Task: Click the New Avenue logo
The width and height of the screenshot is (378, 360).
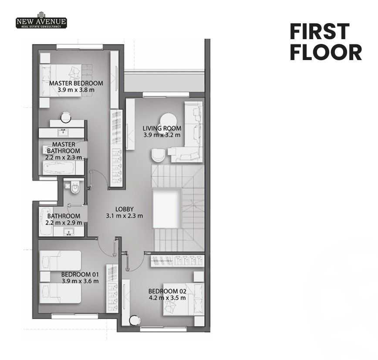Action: (x=41, y=20)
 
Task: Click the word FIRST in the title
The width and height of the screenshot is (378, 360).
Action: (x=320, y=31)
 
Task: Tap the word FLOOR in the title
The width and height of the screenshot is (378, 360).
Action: (x=326, y=52)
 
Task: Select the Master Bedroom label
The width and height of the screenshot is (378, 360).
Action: (x=76, y=83)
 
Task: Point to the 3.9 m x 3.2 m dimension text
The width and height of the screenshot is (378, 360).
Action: (x=162, y=135)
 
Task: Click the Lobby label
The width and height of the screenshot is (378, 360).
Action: (x=125, y=209)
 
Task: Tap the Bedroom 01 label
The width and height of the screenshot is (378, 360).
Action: (x=80, y=274)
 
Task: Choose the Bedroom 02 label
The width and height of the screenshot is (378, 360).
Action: (x=167, y=291)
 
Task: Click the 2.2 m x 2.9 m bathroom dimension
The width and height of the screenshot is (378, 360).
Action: (x=64, y=222)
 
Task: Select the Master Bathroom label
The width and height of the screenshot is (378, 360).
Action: (x=64, y=148)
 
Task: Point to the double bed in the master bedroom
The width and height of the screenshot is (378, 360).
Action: (x=61, y=81)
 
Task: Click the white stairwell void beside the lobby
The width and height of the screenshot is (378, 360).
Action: (x=167, y=209)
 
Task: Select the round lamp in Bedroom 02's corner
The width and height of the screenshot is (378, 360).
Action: (x=135, y=320)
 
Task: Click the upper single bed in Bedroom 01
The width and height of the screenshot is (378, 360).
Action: (x=61, y=260)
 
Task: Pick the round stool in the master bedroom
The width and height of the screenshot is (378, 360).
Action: (x=66, y=118)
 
